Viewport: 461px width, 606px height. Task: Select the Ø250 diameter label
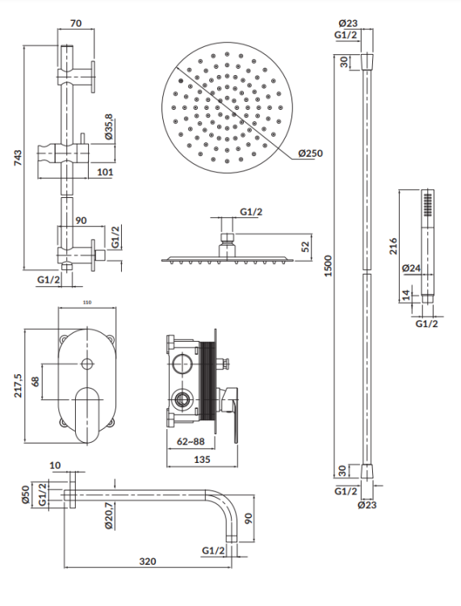tap(311, 153)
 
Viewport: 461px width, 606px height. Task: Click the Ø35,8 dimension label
tap(110, 128)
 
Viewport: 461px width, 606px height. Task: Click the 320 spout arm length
tap(146, 562)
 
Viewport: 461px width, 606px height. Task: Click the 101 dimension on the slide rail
tap(105, 171)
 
